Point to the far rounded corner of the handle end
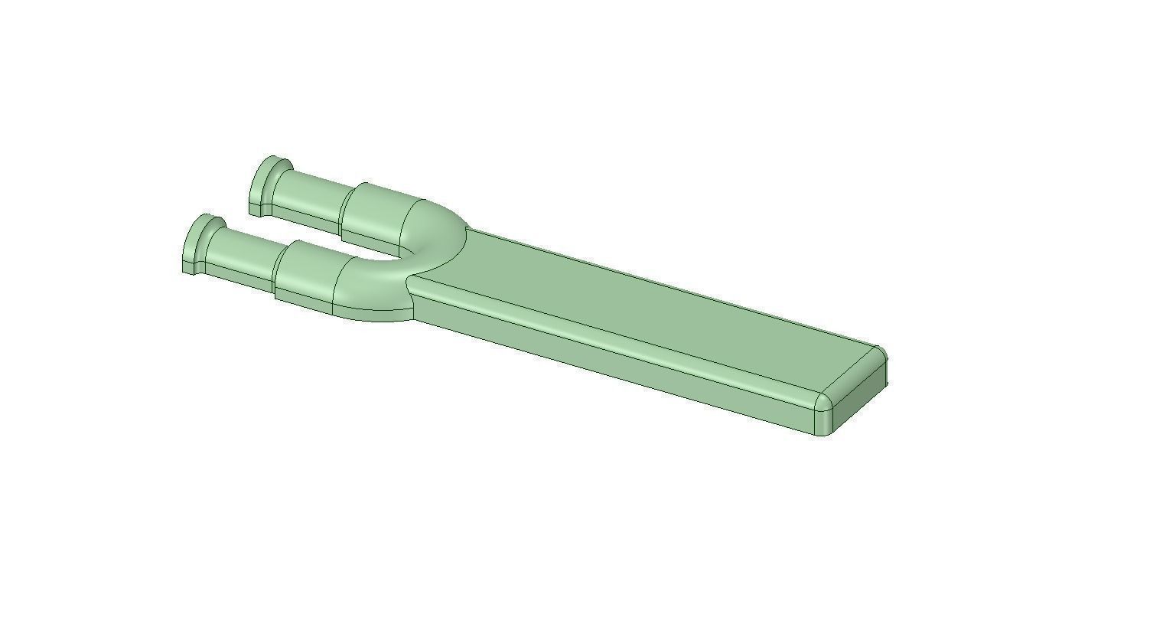click(x=881, y=354)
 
